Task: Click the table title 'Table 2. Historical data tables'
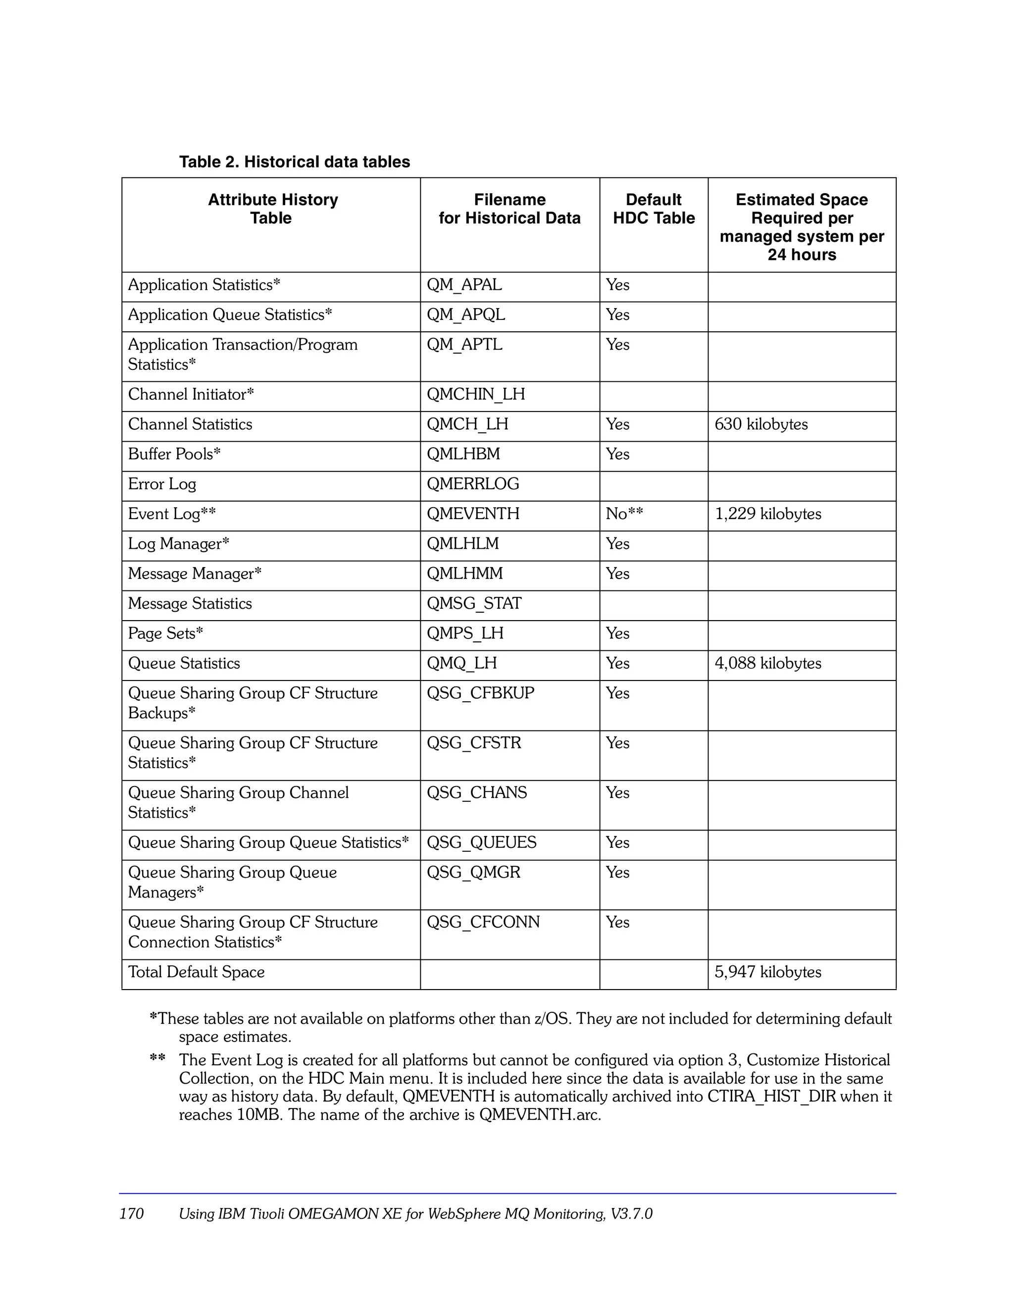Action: coord(295,162)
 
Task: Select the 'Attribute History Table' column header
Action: coord(272,209)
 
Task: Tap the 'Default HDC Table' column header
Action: coord(654,209)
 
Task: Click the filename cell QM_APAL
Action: coord(464,284)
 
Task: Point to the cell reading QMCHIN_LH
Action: coord(475,394)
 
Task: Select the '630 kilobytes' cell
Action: coord(760,424)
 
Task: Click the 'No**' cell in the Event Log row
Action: coord(624,514)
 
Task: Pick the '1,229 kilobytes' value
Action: coord(767,514)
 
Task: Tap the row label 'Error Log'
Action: coord(162,484)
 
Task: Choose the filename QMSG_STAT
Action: coord(474,604)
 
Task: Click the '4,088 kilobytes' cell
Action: coord(767,663)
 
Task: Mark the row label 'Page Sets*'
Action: coord(165,633)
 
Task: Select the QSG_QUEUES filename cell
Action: coord(481,842)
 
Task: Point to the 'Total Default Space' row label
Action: coord(196,972)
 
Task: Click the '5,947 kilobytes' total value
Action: coord(767,972)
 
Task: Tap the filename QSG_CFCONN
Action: coord(483,922)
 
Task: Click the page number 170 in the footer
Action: coord(132,1214)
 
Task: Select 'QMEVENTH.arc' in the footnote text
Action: coord(539,1115)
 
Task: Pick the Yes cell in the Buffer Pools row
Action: coord(617,455)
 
